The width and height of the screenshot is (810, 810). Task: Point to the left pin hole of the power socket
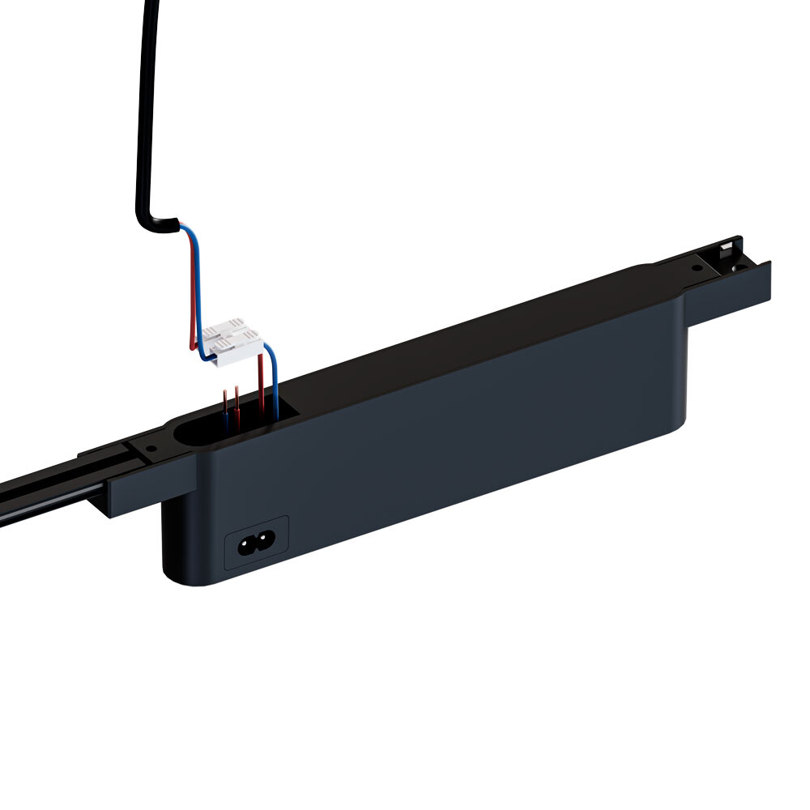pyautogui.click(x=244, y=544)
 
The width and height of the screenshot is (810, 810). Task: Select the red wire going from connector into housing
pyautogui.click(x=261, y=381)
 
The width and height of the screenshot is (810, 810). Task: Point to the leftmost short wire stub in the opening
pyautogui.click(x=225, y=409)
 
